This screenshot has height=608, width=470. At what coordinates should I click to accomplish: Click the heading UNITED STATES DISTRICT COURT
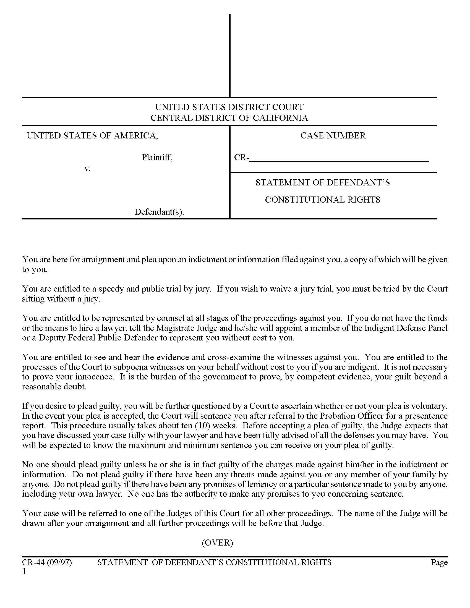[x=229, y=107]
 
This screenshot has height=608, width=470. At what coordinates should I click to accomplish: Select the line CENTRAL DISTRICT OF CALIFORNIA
[x=229, y=118]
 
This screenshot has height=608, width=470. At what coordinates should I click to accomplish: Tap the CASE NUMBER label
[x=333, y=136]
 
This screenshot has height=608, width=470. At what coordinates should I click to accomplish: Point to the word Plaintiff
[x=157, y=158]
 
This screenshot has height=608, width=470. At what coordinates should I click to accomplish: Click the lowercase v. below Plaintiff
[x=87, y=168]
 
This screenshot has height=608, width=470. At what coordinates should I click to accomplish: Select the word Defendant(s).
[x=159, y=212]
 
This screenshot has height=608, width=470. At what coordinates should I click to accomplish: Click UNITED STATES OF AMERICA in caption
[x=92, y=136]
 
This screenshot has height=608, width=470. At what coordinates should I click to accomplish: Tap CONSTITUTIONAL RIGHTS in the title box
[x=322, y=200]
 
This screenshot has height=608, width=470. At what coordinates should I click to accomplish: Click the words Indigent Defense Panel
[x=406, y=328]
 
